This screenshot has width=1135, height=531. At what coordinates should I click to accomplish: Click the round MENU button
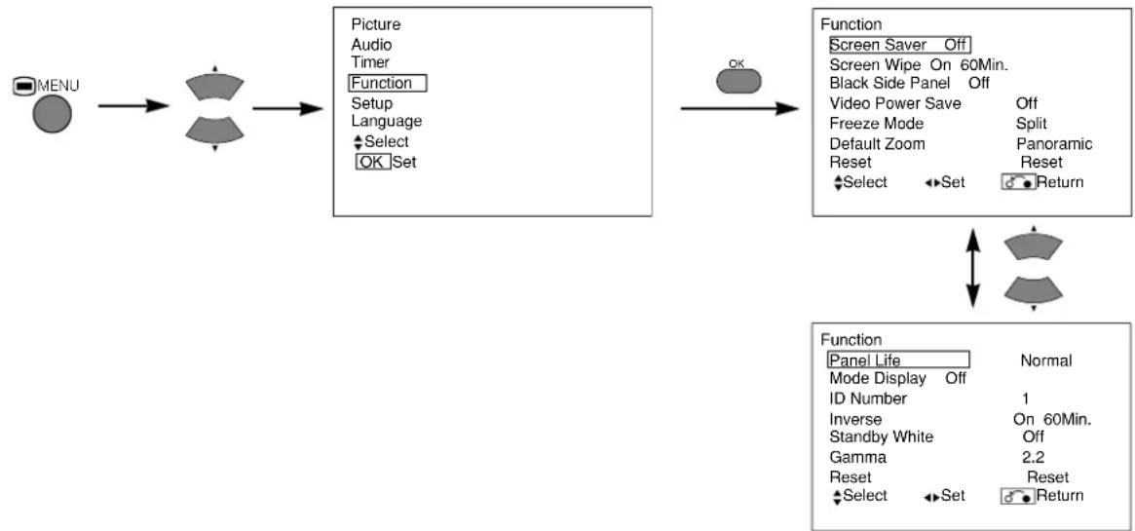coord(52,114)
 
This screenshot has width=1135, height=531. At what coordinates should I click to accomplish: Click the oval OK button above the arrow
coord(738,81)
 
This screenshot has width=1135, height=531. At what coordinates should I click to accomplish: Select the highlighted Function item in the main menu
coord(387,83)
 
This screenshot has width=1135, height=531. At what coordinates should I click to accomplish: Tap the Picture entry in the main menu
coord(376,24)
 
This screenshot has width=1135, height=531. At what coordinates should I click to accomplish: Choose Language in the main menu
coord(387,121)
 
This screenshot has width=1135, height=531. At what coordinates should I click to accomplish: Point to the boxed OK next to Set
coord(373,162)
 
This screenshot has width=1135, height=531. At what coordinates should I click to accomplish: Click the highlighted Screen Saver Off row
coord(899,45)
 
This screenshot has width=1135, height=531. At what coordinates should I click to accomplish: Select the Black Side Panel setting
coord(909,83)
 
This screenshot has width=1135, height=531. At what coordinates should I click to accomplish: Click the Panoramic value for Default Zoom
coord(1054,144)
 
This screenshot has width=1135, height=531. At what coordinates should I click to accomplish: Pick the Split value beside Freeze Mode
coord(1032,124)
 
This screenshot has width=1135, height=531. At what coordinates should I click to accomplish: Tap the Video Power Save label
coord(895,103)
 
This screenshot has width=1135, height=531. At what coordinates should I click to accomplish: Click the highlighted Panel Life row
coord(898,360)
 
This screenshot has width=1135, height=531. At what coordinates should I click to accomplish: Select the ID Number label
coord(868,398)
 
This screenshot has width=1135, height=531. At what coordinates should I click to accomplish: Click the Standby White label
coord(882,436)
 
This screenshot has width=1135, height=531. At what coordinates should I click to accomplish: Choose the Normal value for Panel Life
coord(1046,360)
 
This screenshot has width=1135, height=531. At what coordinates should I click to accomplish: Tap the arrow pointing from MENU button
coord(133,106)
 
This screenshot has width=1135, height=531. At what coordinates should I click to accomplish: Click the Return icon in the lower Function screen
coord(1018,497)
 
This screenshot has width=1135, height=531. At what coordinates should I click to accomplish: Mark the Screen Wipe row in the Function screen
coord(920,64)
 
